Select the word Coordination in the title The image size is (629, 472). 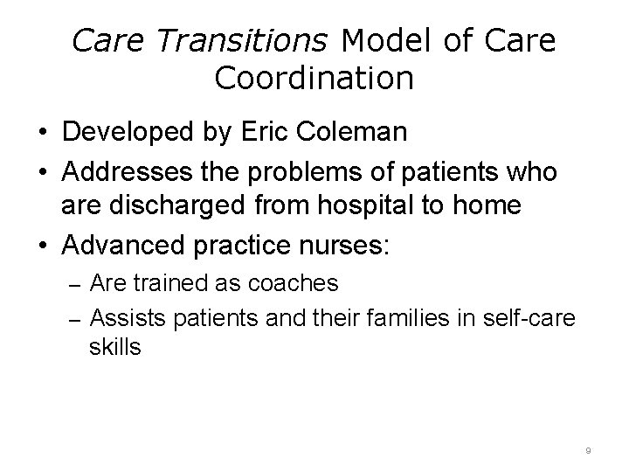[314, 79]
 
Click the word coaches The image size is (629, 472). [296, 284]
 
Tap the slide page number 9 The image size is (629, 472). [588, 450]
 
